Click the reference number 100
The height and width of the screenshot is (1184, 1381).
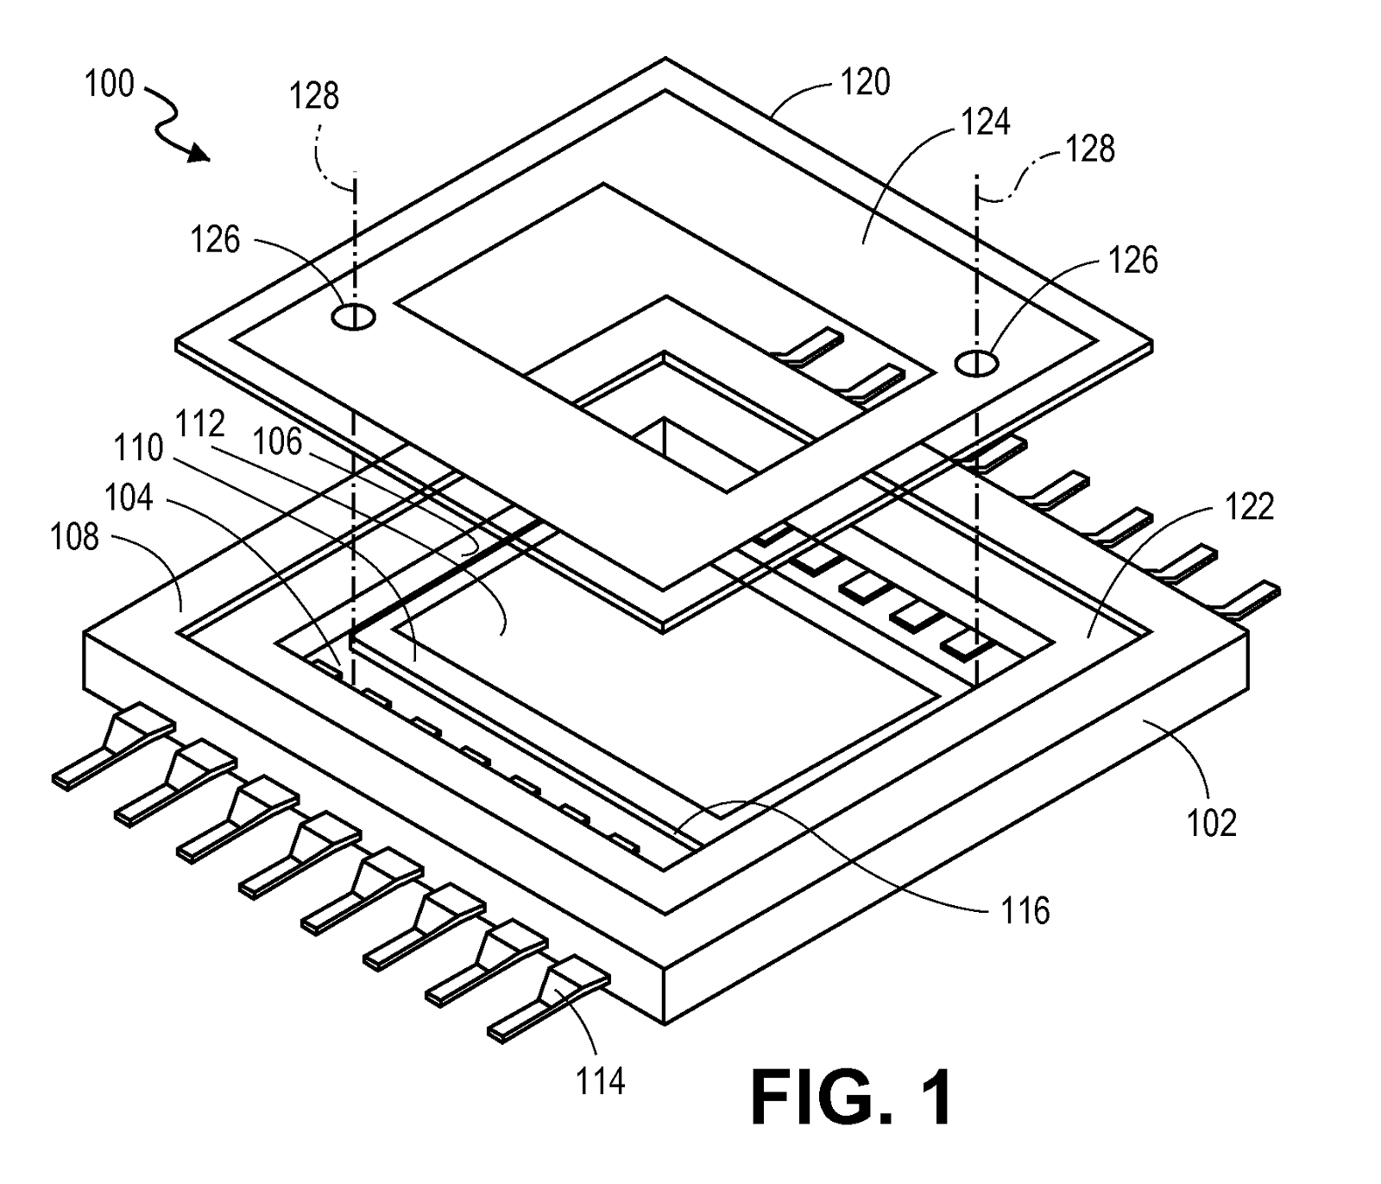[x=109, y=84]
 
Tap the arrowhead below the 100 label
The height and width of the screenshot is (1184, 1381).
[x=199, y=155]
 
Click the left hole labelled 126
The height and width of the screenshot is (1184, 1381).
[x=353, y=317]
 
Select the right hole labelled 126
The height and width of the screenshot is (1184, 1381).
[x=976, y=363]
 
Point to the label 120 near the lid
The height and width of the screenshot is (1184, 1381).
[x=865, y=82]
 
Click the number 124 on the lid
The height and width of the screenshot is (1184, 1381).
[x=986, y=122]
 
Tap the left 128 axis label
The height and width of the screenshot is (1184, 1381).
[x=313, y=96]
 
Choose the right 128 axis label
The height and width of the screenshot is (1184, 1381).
[x=1090, y=149]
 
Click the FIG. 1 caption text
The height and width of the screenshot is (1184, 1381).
[x=852, y=1098]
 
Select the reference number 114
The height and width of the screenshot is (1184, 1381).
[x=600, y=1080]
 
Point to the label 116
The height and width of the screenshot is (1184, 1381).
[x=1025, y=911]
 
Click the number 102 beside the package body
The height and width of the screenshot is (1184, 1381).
[x=1212, y=823]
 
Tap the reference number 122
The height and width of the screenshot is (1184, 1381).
[x=1249, y=507]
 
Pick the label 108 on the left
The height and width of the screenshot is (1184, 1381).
[x=75, y=537]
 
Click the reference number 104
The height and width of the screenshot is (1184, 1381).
[x=129, y=497]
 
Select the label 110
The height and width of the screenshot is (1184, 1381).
[x=139, y=447]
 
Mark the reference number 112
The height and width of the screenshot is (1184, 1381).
[x=200, y=424]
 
